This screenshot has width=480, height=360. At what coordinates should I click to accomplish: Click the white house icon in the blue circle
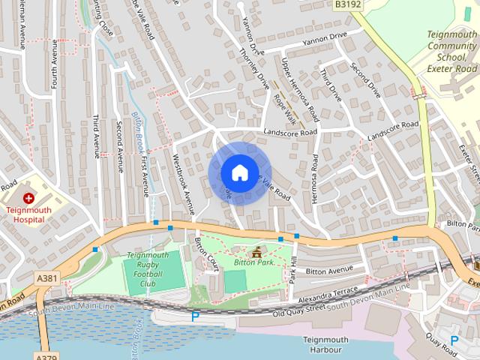[239, 172]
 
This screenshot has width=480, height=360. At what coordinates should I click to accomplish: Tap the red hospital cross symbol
[28, 198]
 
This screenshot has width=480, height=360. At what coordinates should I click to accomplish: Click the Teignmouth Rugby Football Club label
[147, 269]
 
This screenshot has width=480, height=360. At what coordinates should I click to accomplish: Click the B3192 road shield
[347, 4]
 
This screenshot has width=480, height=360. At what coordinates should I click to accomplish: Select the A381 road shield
[46, 277]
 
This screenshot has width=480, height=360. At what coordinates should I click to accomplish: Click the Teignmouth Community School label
[451, 51]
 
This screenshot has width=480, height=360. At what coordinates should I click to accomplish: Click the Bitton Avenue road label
[329, 270]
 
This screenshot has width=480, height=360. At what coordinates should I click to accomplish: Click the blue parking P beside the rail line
[195, 316]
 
